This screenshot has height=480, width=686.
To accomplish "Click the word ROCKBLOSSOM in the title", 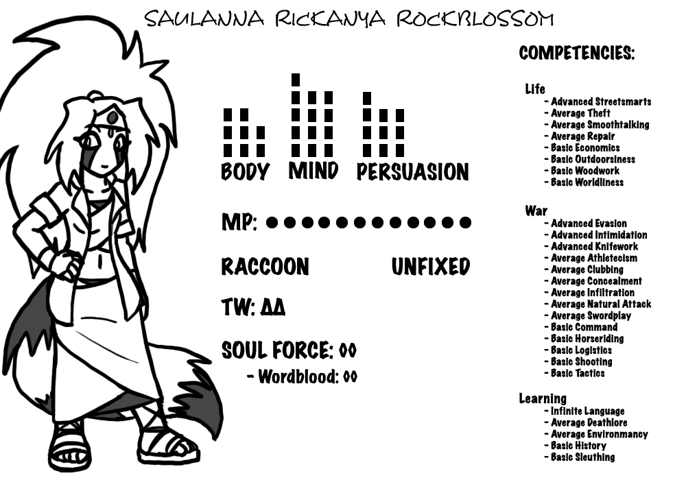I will tap(474, 19).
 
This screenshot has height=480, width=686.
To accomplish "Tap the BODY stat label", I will tap(245, 171).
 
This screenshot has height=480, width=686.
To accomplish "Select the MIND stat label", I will tap(314, 170).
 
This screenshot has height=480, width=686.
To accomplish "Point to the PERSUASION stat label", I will tap(412, 172).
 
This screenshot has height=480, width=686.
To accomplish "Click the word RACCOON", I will tap(265, 267).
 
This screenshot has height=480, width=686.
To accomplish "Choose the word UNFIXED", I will tap(430, 267).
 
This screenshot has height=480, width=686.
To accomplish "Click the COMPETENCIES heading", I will tap(576, 53).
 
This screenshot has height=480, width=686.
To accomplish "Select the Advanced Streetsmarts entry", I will tap(601, 101).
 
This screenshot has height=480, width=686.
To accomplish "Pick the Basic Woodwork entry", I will tap(584, 171).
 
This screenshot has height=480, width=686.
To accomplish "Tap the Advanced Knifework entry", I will tap(594, 246).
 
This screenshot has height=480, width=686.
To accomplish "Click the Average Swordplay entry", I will tap(591, 315).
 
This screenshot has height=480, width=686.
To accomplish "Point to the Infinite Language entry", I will tap(587, 411).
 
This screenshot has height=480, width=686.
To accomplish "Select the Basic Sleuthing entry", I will tap(582, 457).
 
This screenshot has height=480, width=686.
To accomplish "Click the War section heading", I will tap(536, 211).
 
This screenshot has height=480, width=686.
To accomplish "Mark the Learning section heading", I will tap(542, 398).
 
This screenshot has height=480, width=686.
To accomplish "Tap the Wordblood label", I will tap(298, 376).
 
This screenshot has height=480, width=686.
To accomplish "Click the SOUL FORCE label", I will tap(276, 350).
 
